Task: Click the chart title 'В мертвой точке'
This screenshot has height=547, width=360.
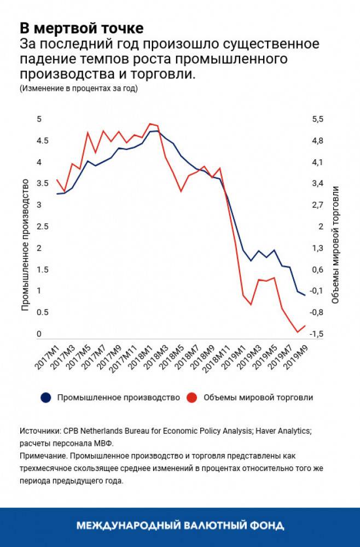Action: (x=82, y=27)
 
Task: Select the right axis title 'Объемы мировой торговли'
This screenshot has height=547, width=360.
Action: (x=336, y=245)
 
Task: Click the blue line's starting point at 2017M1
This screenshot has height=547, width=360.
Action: (x=57, y=194)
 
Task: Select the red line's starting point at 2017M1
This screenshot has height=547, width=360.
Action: (x=57, y=180)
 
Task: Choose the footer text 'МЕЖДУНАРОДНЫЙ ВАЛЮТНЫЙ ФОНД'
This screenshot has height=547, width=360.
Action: (x=180, y=526)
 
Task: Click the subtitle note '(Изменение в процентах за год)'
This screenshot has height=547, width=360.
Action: (x=78, y=88)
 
